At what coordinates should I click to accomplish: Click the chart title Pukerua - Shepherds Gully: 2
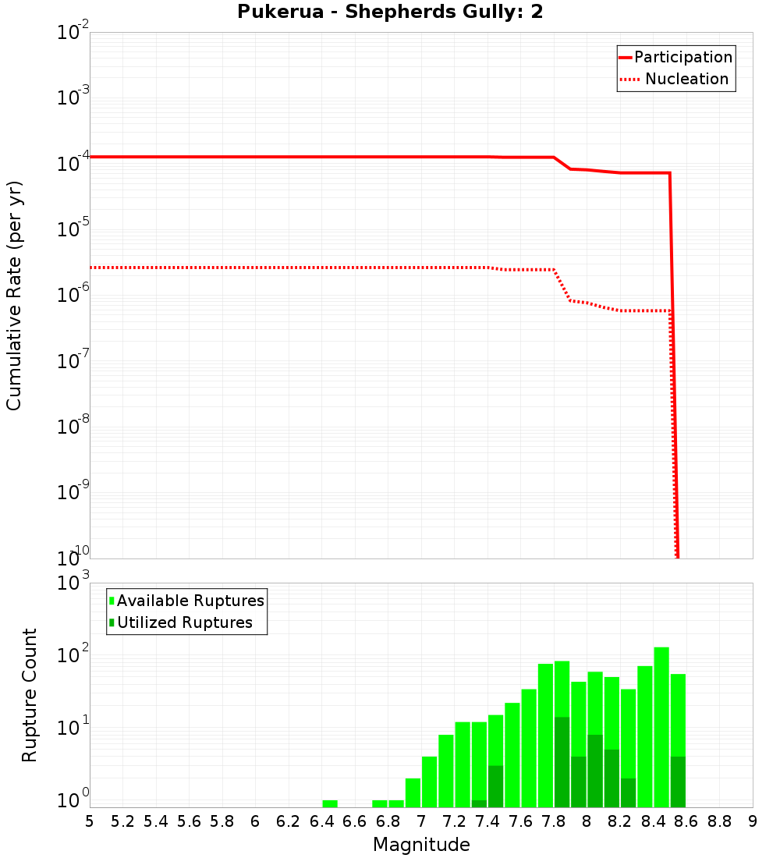pyautogui.click(x=390, y=12)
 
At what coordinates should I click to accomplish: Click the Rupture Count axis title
pyautogui.click(x=30, y=695)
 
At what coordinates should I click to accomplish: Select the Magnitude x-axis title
pyautogui.click(x=421, y=845)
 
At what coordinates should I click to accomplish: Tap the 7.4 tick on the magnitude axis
pyautogui.click(x=487, y=821)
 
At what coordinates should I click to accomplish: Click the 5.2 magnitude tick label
pyautogui.click(x=122, y=821)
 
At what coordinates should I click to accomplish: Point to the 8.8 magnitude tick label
pyautogui.click(x=719, y=821)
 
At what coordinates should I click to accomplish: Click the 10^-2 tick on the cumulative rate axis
pyautogui.click(x=74, y=33)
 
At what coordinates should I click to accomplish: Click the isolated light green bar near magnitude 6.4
pyautogui.click(x=330, y=803)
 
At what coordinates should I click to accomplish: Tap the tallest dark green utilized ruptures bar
pyautogui.click(x=562, y=760)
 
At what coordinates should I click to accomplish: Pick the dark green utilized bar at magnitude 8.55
pyautogui.click(x=678, y=780)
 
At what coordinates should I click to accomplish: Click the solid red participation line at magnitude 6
pyautogui.click(x=255, y=157)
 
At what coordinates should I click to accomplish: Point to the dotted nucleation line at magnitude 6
pyautogui.click(x=255, y=268)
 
